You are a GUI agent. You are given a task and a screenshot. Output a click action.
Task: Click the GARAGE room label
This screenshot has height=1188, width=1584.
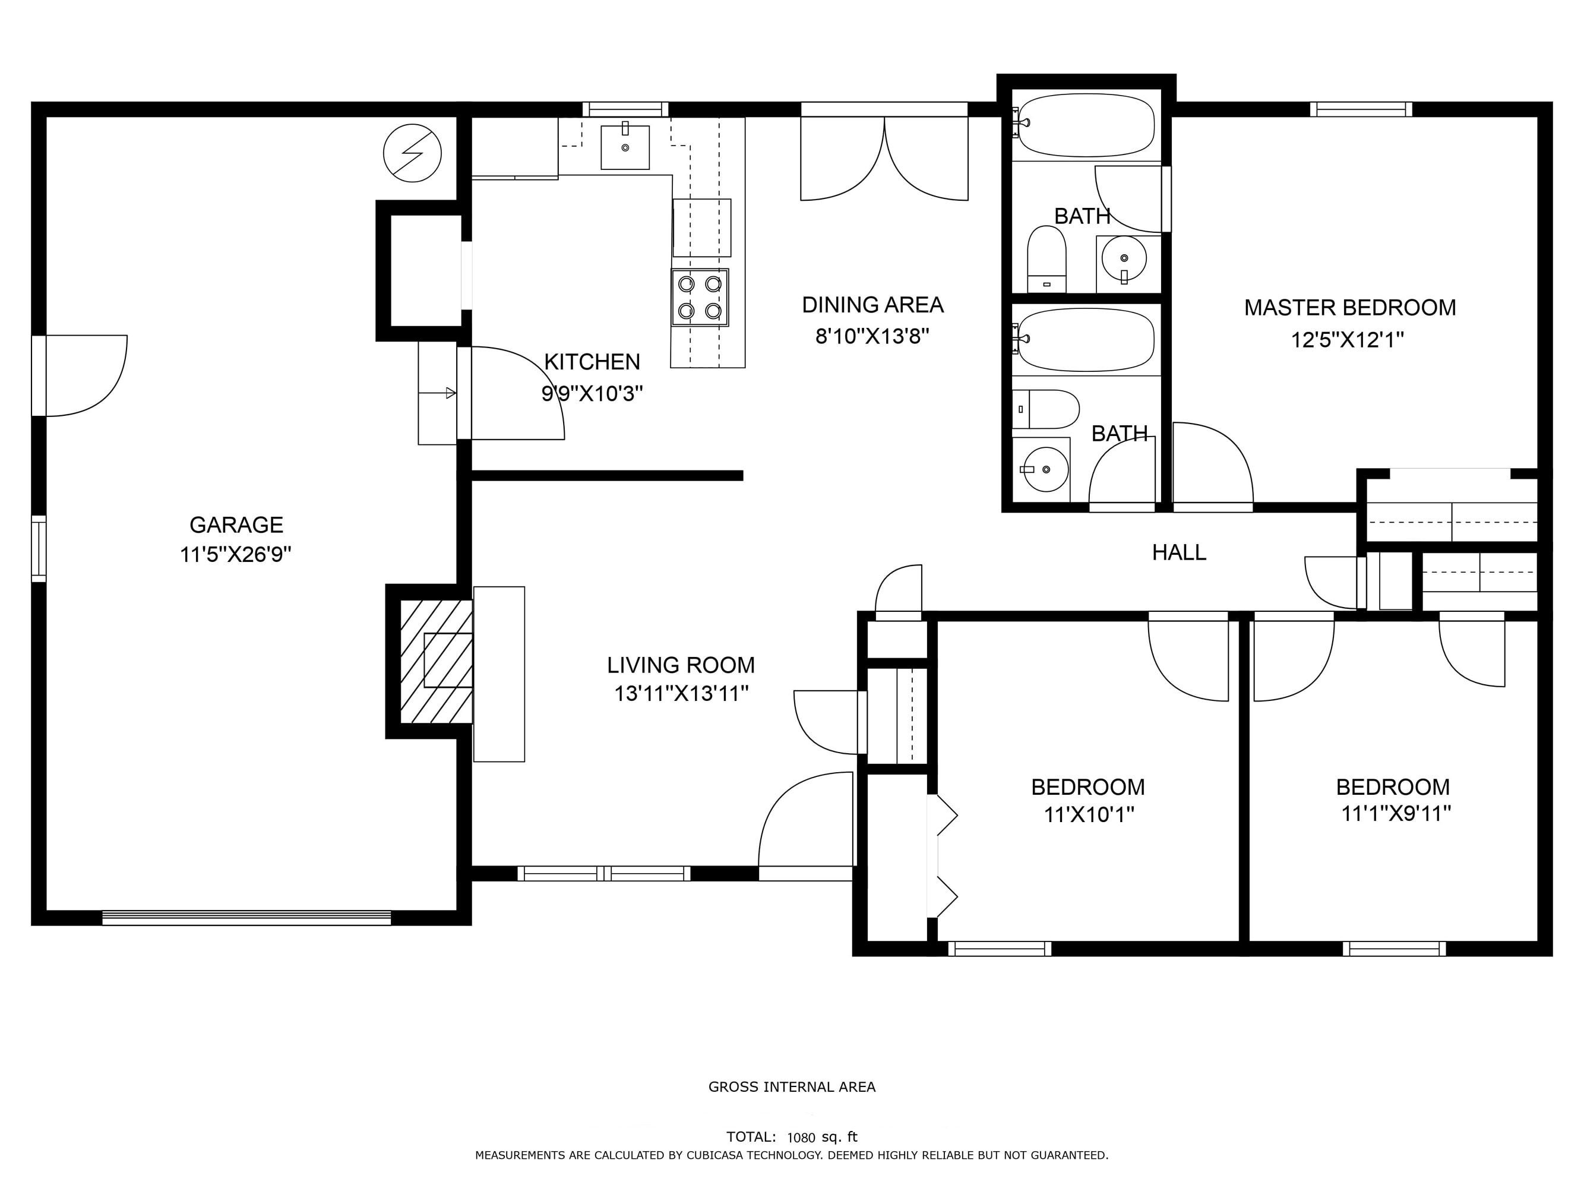(x=236, y=525)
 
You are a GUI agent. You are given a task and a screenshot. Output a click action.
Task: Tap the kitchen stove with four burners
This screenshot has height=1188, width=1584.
(x=700, y=297)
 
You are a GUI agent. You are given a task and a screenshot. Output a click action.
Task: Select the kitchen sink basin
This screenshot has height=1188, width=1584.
(x=625, y=147)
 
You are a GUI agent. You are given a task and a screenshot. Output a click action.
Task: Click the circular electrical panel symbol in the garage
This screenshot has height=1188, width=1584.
(x=412, y=153)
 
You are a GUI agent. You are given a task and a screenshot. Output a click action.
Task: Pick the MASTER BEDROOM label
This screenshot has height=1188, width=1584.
(x=1350, y=308)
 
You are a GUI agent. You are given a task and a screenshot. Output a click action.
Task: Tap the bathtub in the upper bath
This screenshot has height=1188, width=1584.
(x=1086, y=125)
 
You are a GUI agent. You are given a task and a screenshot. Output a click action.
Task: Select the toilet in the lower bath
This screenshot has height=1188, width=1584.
(x=1045, y=409)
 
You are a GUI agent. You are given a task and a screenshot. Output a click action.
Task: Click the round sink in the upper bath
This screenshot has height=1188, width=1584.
(x=1124, y=258)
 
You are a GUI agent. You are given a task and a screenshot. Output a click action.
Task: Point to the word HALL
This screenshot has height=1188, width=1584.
(x=1179, y=552)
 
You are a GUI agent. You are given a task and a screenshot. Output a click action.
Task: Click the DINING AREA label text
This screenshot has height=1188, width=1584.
(x=872, y=305)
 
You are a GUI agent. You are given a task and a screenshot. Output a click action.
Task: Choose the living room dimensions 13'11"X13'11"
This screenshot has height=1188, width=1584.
(x=682, y=694)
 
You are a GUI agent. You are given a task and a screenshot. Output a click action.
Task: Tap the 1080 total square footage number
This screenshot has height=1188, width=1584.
(x=801, y=1137)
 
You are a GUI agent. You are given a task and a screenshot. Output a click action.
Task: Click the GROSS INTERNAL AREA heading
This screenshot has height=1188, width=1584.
(x=792, y=1086)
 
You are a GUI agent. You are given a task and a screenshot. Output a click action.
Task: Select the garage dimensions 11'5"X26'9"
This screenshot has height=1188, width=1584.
(x=236, y=554)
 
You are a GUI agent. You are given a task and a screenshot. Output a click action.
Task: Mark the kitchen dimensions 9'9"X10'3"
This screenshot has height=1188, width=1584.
(x=592, y=393)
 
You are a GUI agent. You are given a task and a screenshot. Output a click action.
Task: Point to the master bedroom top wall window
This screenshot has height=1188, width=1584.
(x=1361, y=109)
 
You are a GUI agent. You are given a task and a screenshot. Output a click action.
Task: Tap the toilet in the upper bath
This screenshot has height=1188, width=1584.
(x=1047, y=259)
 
